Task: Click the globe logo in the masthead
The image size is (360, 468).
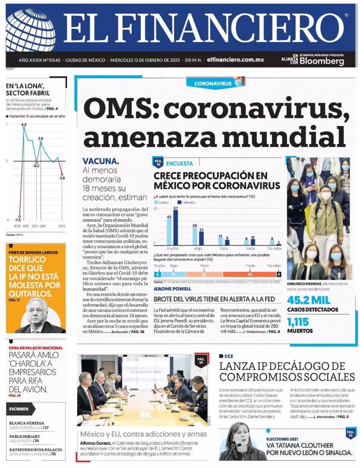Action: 30,30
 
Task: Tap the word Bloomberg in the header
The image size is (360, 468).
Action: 322,61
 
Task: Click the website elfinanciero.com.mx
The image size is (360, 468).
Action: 235,60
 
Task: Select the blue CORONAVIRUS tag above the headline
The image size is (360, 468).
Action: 213,83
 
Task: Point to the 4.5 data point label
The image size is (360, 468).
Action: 24,124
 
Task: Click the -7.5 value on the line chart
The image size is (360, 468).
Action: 18,220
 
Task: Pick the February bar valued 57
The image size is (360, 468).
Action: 176,227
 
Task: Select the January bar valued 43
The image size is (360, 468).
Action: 169,232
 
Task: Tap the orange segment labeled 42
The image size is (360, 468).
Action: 250,274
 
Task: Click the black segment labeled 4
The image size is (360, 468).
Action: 279,274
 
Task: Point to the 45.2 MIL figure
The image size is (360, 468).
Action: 309,300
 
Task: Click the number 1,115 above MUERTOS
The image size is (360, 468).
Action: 298,322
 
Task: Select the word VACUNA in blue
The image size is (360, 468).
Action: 101,161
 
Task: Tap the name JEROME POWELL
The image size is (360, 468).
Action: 172,289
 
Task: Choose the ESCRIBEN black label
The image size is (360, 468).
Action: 19,409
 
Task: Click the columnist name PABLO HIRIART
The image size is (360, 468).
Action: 25,436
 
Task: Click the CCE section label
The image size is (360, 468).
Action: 228,356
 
